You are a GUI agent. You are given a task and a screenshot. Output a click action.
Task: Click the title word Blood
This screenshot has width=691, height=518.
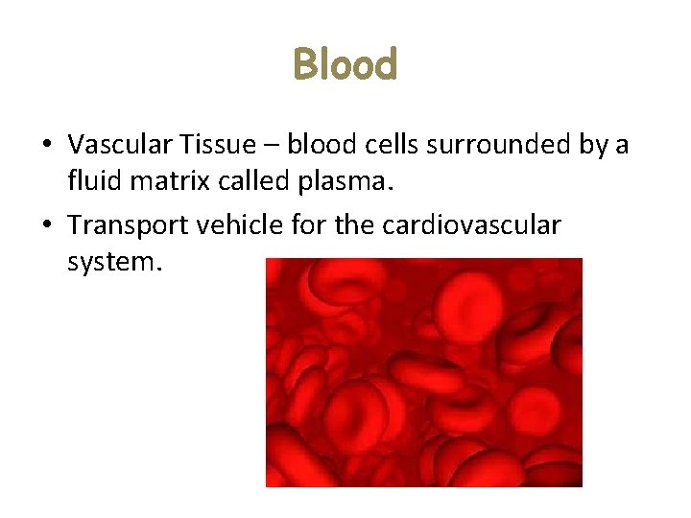(x=345, y=65)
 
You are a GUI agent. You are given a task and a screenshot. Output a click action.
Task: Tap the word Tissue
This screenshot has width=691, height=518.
(x=222, y=145)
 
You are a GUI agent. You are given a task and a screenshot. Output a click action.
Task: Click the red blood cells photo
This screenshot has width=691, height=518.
(x=423, y=372)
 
